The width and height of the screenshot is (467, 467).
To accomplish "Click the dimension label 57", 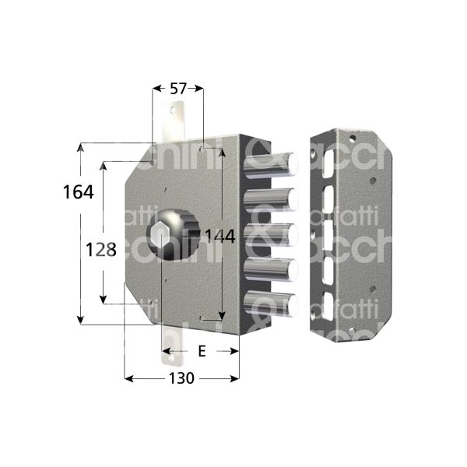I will coord(177,89).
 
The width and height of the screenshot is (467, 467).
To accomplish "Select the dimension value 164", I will coord(78,191).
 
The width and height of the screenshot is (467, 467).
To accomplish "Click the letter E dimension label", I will coord(202,352).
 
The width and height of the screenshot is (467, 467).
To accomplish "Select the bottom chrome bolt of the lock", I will coord(274,304).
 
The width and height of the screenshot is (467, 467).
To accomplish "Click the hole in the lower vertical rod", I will coord(170,359).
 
